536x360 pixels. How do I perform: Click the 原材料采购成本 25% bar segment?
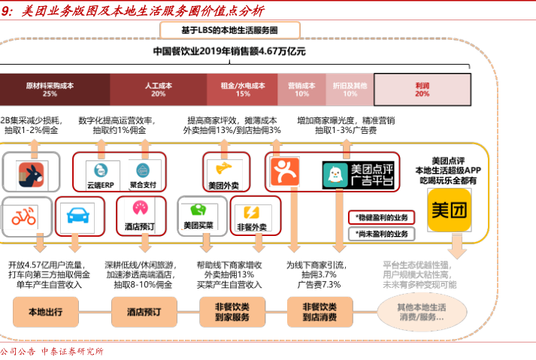[x=50, y=89]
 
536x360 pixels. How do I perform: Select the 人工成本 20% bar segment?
[x=158, y=89]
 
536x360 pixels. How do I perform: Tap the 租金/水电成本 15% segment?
[x=243, y=89]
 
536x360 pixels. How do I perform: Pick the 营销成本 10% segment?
[x=301, y=89]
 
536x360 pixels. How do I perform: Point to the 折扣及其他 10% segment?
[x=350, y=89]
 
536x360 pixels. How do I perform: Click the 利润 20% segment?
[x=422, y=89]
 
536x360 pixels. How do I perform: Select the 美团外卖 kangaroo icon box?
[x=223, y=172]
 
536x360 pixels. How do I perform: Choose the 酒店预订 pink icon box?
[x=140, y=215]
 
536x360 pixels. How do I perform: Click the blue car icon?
[x=75, y=215]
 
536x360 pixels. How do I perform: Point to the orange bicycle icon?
[x=25, y=215]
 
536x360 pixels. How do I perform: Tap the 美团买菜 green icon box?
[x=198, y=215]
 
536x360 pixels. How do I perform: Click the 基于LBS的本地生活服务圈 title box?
[x=229, y=30]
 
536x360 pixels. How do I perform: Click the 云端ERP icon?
[x=96, y=171]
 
